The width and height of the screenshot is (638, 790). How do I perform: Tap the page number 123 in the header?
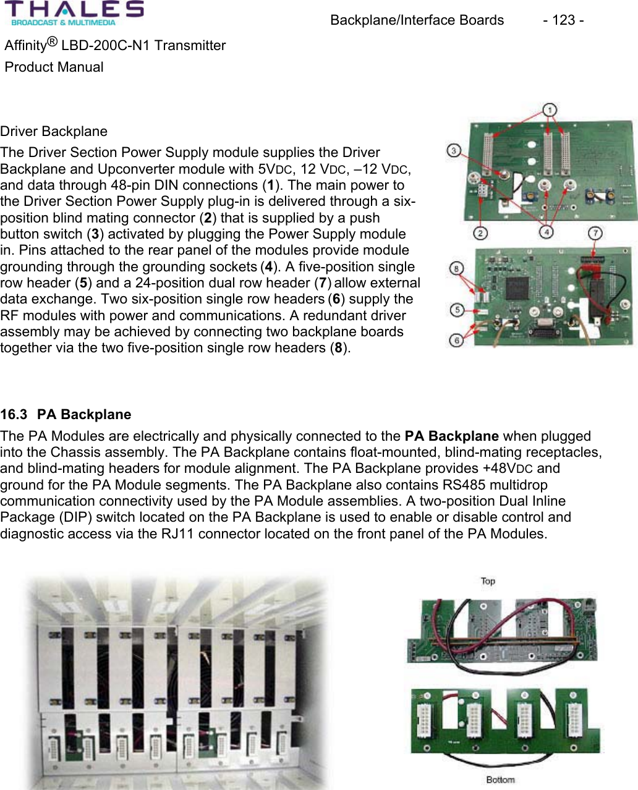click(563, 20)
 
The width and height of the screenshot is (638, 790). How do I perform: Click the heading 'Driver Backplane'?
click(54, 132)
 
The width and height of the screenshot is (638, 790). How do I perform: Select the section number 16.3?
click(14, 415)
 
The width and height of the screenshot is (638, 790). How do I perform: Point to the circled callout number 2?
click(480, 232)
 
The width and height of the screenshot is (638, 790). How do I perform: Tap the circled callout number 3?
click(454, 150)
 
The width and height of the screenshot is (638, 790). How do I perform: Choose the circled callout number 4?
click(546, 232)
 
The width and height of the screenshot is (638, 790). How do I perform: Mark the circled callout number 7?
click(595, 233)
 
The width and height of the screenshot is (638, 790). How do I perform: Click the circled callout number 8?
click(456, 268)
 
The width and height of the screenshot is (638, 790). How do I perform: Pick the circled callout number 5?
click(457, 309)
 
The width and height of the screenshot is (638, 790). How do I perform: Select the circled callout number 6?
click(457, 339)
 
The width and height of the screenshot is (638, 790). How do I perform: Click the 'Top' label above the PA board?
click(488, 581)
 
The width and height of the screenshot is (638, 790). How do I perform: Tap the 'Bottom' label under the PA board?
click(500, 779)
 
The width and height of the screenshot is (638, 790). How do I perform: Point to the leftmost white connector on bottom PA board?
click(425, 720)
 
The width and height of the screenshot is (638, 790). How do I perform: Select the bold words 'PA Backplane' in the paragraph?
click(451, 436)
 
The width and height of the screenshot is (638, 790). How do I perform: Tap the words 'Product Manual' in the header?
click(54, 67)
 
